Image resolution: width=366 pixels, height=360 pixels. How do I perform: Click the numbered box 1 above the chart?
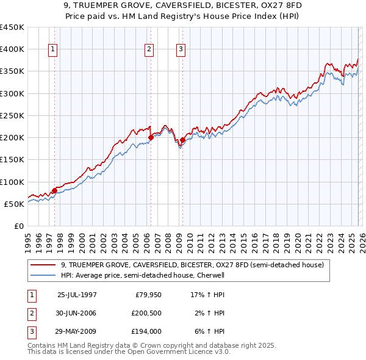coord(53,50)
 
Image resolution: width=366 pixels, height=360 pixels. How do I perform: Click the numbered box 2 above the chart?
coord(149,50)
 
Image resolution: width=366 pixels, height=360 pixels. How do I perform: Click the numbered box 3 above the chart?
coord(181,50)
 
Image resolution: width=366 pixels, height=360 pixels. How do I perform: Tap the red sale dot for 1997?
coord(54,190)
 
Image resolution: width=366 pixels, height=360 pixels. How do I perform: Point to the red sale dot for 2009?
coord(182,140)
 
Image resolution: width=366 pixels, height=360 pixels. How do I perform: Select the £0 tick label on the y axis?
coord(18,226)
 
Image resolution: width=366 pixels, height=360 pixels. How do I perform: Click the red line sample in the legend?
coord(43,265)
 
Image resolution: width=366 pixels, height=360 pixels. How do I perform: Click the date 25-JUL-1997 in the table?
coord(77,294)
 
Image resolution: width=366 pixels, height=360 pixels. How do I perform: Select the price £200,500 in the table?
coord(146,313)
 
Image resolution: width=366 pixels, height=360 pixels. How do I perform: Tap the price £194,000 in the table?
coord(146,332)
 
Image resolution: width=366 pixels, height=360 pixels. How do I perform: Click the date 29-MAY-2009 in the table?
coord(77,332)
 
